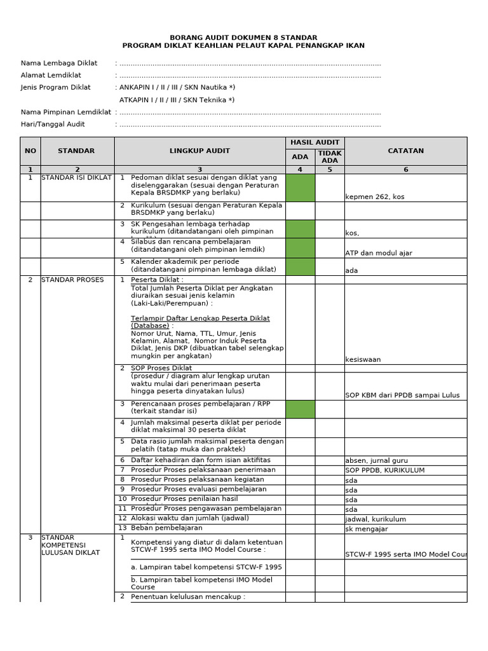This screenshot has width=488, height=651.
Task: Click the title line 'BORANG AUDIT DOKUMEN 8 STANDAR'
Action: [243, 38]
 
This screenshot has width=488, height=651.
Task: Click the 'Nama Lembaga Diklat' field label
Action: [59, 63]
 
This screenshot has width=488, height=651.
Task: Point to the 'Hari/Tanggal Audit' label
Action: [53, 124]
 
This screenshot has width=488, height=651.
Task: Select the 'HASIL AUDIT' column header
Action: [315, 142]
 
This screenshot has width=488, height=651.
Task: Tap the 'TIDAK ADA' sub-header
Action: [330, 157]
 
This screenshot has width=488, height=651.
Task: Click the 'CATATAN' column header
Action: [405, 151]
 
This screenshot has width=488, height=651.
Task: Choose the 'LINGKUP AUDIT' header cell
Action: [200, 151]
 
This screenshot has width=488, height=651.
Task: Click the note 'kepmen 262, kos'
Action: [374, 196]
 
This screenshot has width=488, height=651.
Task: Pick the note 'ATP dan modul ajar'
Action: [379, 253]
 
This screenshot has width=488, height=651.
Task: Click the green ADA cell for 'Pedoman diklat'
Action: [300, 188]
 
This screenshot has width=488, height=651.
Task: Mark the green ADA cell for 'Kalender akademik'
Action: [300, 266]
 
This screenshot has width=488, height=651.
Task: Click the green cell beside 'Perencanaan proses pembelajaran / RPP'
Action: [300, 409]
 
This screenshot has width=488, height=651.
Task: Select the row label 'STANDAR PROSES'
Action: [72, 280]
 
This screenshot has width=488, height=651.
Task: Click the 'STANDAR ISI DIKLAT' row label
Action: [76, 177]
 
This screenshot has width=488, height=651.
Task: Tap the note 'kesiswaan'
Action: [363, 360]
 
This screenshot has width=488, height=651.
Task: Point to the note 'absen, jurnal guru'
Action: [376, 460]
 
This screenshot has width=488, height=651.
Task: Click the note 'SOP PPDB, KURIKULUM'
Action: [384, 470]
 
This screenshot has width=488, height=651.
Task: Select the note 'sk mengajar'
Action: [366, 529]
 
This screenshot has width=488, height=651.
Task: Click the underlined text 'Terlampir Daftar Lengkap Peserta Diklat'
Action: [200, 318]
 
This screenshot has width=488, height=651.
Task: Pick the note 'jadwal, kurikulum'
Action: [375, 519]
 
